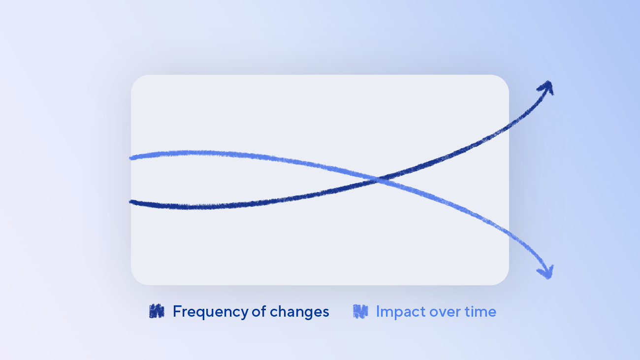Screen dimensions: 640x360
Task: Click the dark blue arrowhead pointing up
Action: (x=547, y=87)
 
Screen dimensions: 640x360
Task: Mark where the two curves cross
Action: (x=378, y=180)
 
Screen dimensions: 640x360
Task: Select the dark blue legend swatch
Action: (x=157, y=311)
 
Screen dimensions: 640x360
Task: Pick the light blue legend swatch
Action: (x=360, y=311)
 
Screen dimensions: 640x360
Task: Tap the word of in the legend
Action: (x=259, y=311)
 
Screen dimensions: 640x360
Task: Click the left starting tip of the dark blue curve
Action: (x=130, y=202)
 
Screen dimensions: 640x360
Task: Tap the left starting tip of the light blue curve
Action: (x=130, y=158)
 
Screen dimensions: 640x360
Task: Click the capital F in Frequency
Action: (x=177, y=311)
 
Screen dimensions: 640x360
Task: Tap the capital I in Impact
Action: (x=378, y=311)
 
